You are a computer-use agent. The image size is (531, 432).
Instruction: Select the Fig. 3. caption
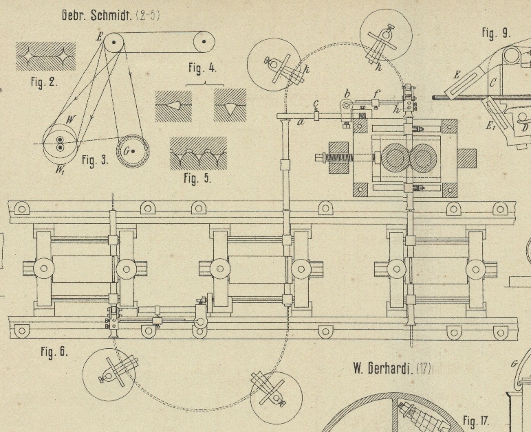[x=95, y=161]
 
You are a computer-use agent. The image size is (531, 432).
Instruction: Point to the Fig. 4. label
[x=202, y=68]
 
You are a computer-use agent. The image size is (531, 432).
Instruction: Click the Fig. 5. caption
[x=197, y=179]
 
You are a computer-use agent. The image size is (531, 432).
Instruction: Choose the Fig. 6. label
[x=54, y=352]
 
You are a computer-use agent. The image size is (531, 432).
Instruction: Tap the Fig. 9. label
[x=495, y=32]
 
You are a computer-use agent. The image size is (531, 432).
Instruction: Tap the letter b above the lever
[x=347, y=94]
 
